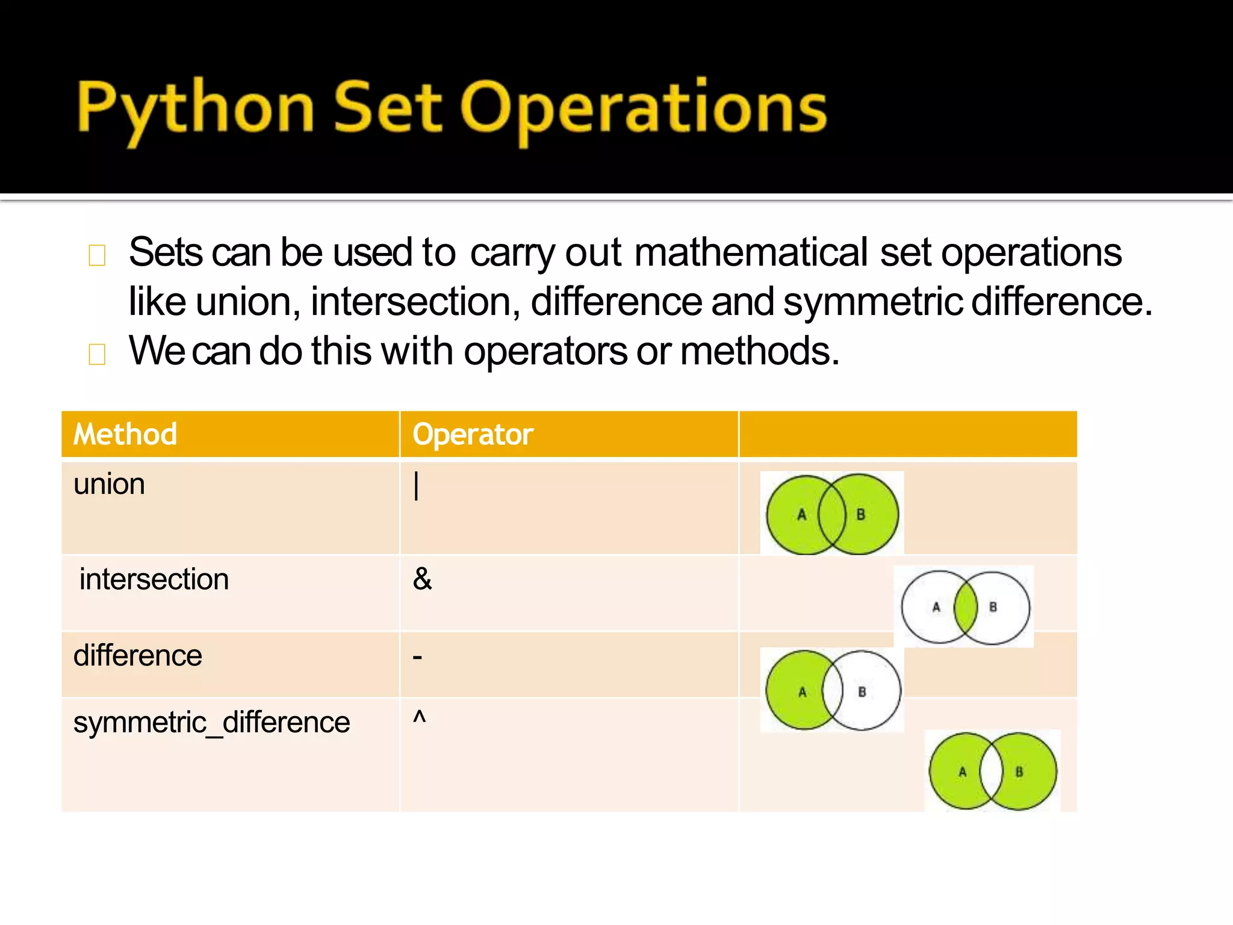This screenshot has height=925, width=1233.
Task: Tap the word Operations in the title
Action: (x=644, y=108)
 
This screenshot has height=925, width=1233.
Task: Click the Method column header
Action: (x=125, y=434)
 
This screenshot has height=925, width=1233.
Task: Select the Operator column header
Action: (x=473, y=434)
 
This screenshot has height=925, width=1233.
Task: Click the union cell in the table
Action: (x=109, y=485)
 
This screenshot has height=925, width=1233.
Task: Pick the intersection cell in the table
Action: (x=154, y=579)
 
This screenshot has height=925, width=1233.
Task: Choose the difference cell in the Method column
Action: (x=138, y=656)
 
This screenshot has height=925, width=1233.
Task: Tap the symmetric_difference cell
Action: (x=211, y=722)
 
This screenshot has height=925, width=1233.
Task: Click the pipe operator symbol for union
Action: (x=416, y=485)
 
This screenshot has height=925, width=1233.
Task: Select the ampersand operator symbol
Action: (x=423, y=579)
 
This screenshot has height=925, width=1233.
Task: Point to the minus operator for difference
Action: (x=417, y=657)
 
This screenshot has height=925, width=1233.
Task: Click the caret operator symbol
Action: (x=419, y=717)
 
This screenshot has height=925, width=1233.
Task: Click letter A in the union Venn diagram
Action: (x=801, y=515)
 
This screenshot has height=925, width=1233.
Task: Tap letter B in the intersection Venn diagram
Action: (x=993, y=607)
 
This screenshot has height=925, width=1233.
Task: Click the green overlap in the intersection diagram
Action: (x=966, y=608)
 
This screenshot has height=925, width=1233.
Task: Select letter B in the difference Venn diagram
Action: (x=862, y=692)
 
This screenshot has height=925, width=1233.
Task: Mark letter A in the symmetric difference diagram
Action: (x=962, y=772)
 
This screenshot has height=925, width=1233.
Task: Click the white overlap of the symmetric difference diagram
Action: (x=991, y=771)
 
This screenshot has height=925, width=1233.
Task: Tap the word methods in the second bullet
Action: (x=759, y=351)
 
